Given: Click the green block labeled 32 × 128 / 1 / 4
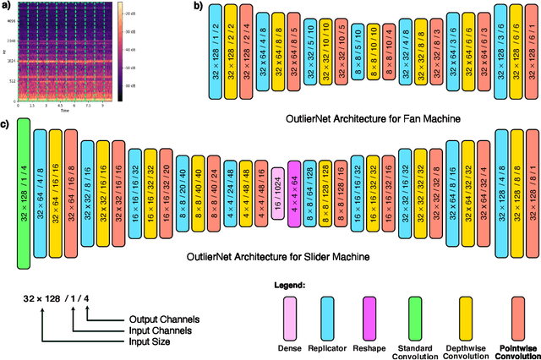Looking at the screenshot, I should coord(24,194).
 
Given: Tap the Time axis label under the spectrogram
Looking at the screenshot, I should coord(64,110).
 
